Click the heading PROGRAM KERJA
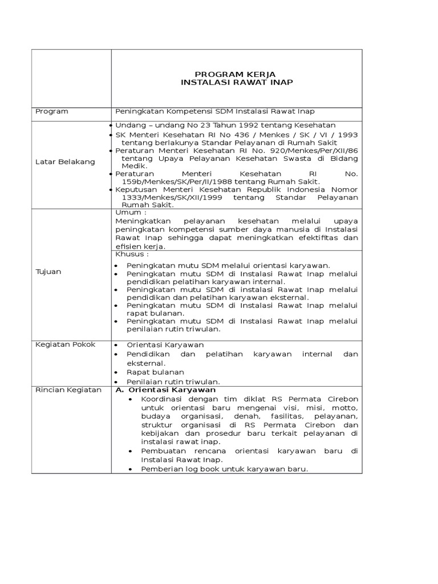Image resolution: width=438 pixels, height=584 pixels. (236, 74)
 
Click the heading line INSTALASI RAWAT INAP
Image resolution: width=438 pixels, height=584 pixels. (236, 83)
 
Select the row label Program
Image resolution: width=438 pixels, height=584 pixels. (52, 111)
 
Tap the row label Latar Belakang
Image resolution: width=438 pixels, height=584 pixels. (65, 162)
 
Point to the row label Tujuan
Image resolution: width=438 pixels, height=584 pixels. (48, 271)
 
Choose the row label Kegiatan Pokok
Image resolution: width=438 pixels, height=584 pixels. (66, 344)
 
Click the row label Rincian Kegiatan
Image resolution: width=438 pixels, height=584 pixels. (68, 390)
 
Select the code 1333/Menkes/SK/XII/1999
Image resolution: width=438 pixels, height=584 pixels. (163, 197)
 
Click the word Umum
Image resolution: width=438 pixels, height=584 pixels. (128, 212)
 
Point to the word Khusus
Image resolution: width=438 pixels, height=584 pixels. (129, 254)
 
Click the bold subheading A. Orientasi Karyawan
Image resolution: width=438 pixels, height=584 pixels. (162, 390)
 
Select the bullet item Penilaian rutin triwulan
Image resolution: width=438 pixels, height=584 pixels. (173, 382)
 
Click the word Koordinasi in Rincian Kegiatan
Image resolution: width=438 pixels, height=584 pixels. (163, 399)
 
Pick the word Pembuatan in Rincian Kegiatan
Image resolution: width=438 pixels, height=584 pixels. (162, 451)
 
